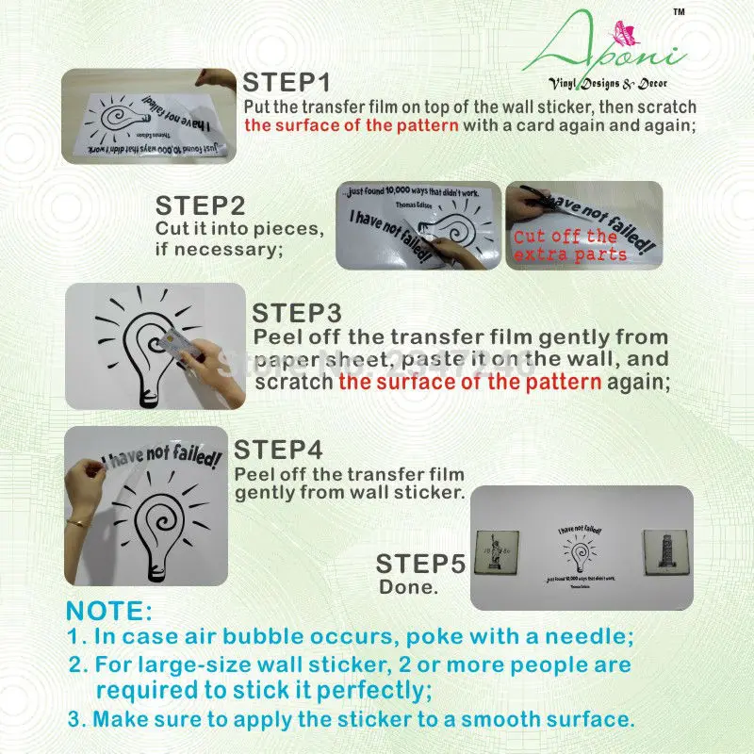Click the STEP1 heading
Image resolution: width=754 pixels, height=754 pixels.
tap(285, 82)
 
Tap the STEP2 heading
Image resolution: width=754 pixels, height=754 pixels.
tap(200, 205)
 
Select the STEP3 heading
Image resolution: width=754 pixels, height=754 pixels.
tap(297, 313)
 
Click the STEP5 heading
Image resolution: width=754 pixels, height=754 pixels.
tap(420, 565)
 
